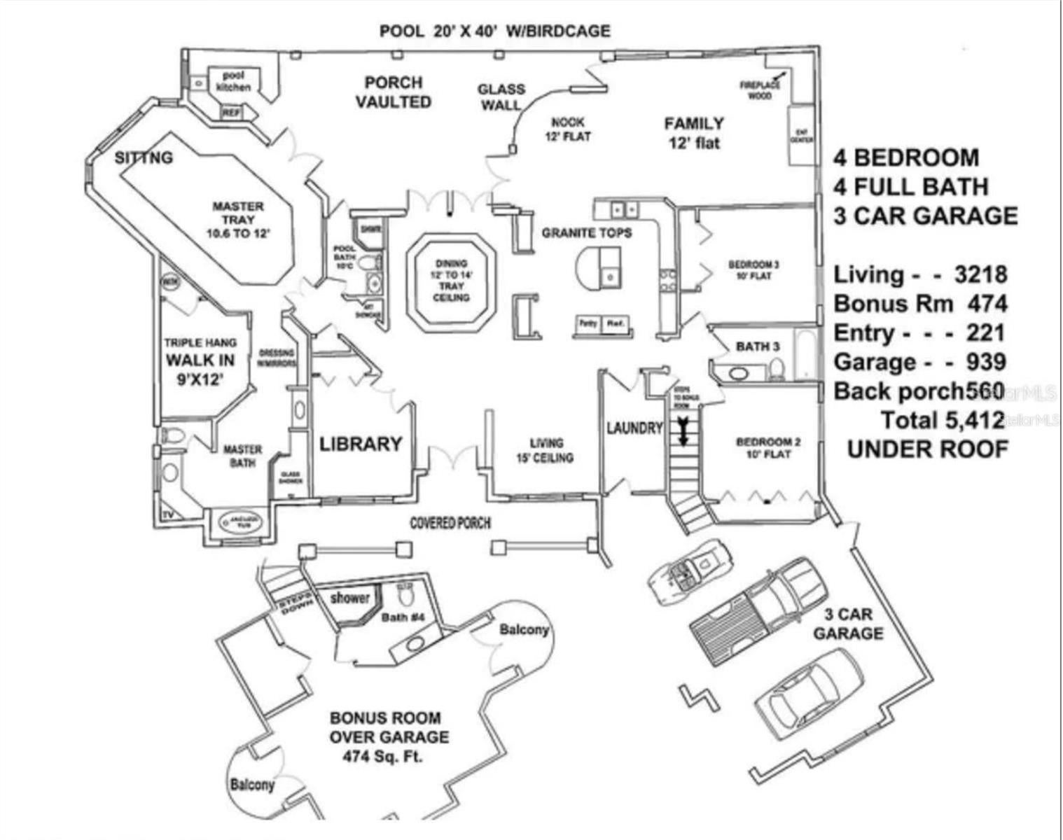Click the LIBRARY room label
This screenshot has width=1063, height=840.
tap(361, 444)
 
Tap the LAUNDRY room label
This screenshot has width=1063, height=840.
tap(634, 428)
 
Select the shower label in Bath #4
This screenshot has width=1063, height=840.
tap(349, 597)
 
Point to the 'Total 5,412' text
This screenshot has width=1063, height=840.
tap(944, 420)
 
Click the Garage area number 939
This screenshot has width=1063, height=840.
tap(986, 362)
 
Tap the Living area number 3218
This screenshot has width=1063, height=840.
tap(980, 274)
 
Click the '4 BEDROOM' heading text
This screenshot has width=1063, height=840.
tap(905, 157)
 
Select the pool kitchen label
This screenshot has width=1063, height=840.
tap(232, 81)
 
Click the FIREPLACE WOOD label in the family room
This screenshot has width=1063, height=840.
tap(760, 90)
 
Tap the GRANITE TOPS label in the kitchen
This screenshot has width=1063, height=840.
tap(586, 232)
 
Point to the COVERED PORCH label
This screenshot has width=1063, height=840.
tap(450, 523)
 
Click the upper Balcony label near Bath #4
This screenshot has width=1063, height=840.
tap(524, 629)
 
